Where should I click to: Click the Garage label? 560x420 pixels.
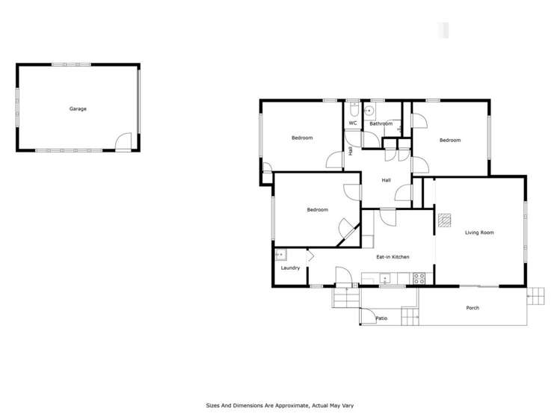point(78,109)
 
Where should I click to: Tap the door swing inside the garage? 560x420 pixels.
point(124,141)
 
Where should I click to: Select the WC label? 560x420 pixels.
point(352,123)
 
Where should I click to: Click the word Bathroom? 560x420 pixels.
point(381,123)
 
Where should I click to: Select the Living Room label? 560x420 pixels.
point(479,233)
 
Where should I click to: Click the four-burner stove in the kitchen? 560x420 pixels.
point(419,278)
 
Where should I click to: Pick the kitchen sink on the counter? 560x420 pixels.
point(385,278)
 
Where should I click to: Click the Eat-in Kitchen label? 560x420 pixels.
point(393,257)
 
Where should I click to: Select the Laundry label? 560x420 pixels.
point(290,268)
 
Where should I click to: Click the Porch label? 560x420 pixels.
point(473,308)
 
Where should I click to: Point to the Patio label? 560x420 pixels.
point(381,319)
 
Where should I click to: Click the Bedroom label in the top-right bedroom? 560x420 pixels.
point(449,140)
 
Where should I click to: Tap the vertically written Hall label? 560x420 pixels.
point(351,150)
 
